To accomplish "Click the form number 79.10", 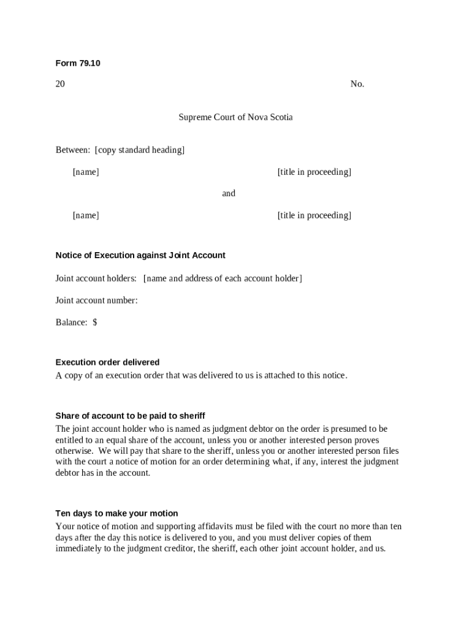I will tap(88, 63).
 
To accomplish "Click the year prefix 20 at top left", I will tap(60, 84).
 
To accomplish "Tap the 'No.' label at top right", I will tap(357, 84).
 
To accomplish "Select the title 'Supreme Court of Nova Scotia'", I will tap(235, 117).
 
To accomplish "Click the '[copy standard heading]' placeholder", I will tap(140, 150).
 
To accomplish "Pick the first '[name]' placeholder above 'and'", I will tap(86, 172).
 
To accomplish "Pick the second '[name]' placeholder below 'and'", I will tap(86, 215).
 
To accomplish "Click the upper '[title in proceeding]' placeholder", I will tap(314, 172).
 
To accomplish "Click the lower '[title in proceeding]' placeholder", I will tap(314, 215).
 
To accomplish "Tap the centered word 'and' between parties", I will tap(229, 193).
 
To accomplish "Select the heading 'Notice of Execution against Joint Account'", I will tap(140, 255).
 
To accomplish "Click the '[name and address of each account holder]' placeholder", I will tap(223, 278).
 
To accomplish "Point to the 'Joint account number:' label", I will tap(97, 301).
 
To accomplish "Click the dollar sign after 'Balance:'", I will tap(95, 322).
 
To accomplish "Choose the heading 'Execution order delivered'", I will tap(107, 362).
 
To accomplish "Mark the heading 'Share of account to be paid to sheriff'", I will tap(130, 416).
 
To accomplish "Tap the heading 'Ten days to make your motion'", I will tap(116, 513).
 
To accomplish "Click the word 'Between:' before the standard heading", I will tap(73, 150).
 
